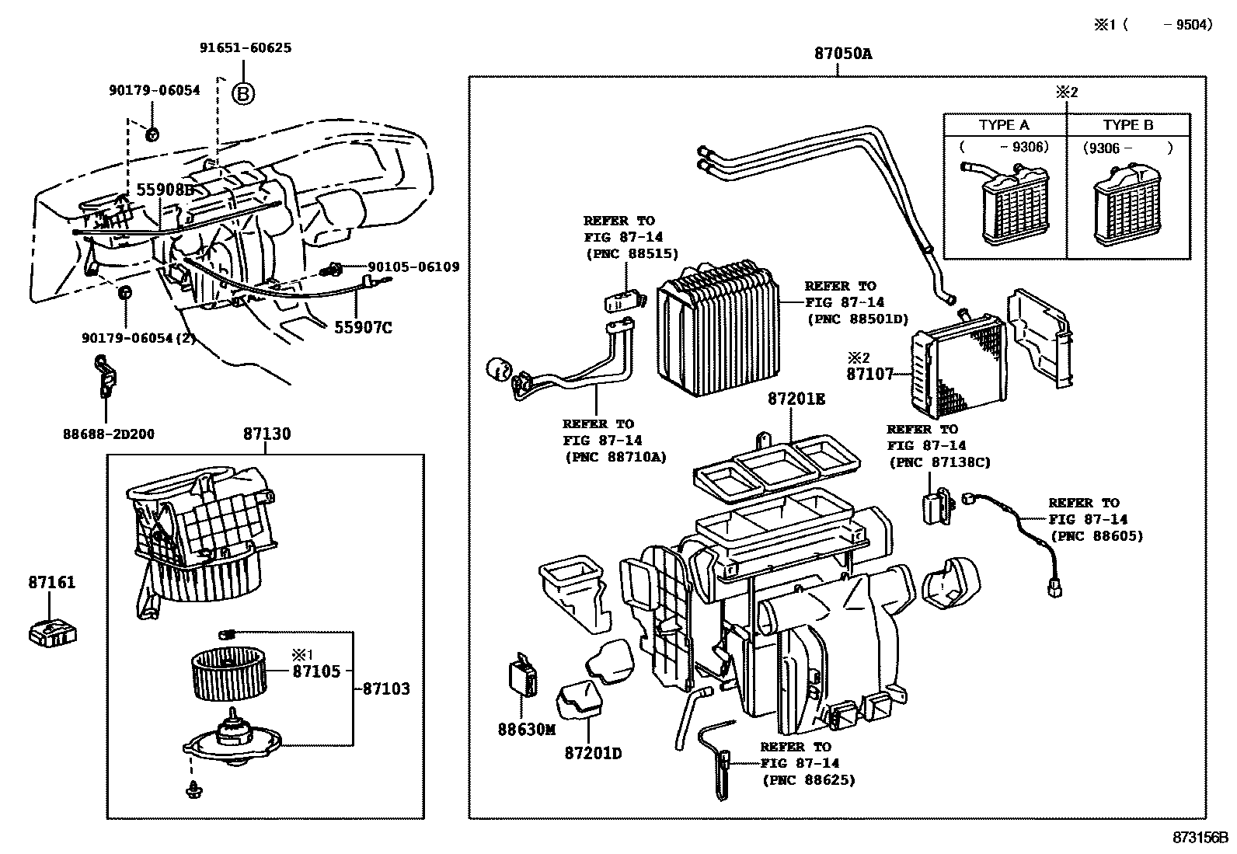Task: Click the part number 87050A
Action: coord(843,54)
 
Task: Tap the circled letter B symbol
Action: coord(243,95)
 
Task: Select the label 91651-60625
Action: coord(246,47)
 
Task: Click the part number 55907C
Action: coord(363,328)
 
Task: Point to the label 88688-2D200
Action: coord(109,434)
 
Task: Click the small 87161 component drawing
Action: coord(53,633)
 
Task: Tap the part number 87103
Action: coord(385,688)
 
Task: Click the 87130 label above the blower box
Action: coord(267,434)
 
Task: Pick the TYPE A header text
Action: coord(1004,125)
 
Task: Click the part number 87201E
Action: coord(796,399)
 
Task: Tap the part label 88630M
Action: coord(527,730)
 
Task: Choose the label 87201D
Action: coord(594,754)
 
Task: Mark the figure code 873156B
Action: coord(1201,838)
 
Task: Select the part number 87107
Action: coord(869,374)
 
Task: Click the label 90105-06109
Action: coord(413,267)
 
